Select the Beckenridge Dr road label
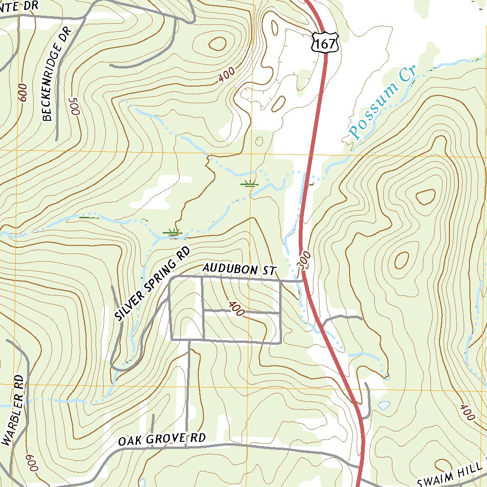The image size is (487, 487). pyautogui.click(x=56, y=74)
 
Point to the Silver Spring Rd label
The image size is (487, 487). pyautogui.click(x=153, y=284)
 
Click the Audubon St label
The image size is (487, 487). pyautogui.click(x=239, y=270)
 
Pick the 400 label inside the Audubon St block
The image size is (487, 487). pyautogui.click(x=236, y=309)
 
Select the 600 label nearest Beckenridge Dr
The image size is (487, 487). pyautogui.click(x=23, y=93)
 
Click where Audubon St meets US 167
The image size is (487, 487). pyautogui.click(x=302, y=281)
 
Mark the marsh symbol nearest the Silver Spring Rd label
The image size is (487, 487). pyautogui.click(x=173, y=232)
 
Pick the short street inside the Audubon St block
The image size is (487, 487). pyautogui.click(x=241, y=312)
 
